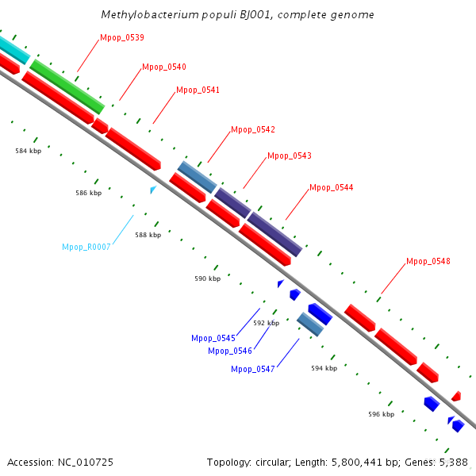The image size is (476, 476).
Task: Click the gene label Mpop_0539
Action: (x=122, y=37)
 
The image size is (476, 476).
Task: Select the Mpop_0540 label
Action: (x=164, y=67)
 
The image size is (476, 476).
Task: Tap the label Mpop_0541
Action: (x=198, y=90)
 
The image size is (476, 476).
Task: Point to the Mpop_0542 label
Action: (x=253, y=130)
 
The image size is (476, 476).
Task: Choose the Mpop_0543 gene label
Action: (x=290, y=156)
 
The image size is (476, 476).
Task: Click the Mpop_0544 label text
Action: (x=331, y=187)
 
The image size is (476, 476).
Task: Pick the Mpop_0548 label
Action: (x=428, y=261)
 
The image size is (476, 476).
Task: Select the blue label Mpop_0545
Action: (x=213, y=338)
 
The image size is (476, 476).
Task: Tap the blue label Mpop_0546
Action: (x=230, y=351)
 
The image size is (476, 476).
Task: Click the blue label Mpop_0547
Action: (x=253, y=369)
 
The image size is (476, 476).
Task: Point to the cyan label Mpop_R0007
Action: (x=86, y=247)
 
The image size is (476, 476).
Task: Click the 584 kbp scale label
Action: (x=29, y=151)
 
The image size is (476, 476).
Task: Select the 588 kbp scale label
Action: (x=148, y=235)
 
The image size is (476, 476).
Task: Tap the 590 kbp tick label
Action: (x=208, y=278)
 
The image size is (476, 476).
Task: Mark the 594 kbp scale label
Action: (x=324, y=369)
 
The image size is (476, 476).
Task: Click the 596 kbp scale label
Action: (x=382, y=414)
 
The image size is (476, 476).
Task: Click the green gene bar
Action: (x=67, y=86)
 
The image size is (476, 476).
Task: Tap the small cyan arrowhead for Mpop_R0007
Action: (x=153, y=190)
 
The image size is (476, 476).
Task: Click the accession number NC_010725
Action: (x=86, y=463)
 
